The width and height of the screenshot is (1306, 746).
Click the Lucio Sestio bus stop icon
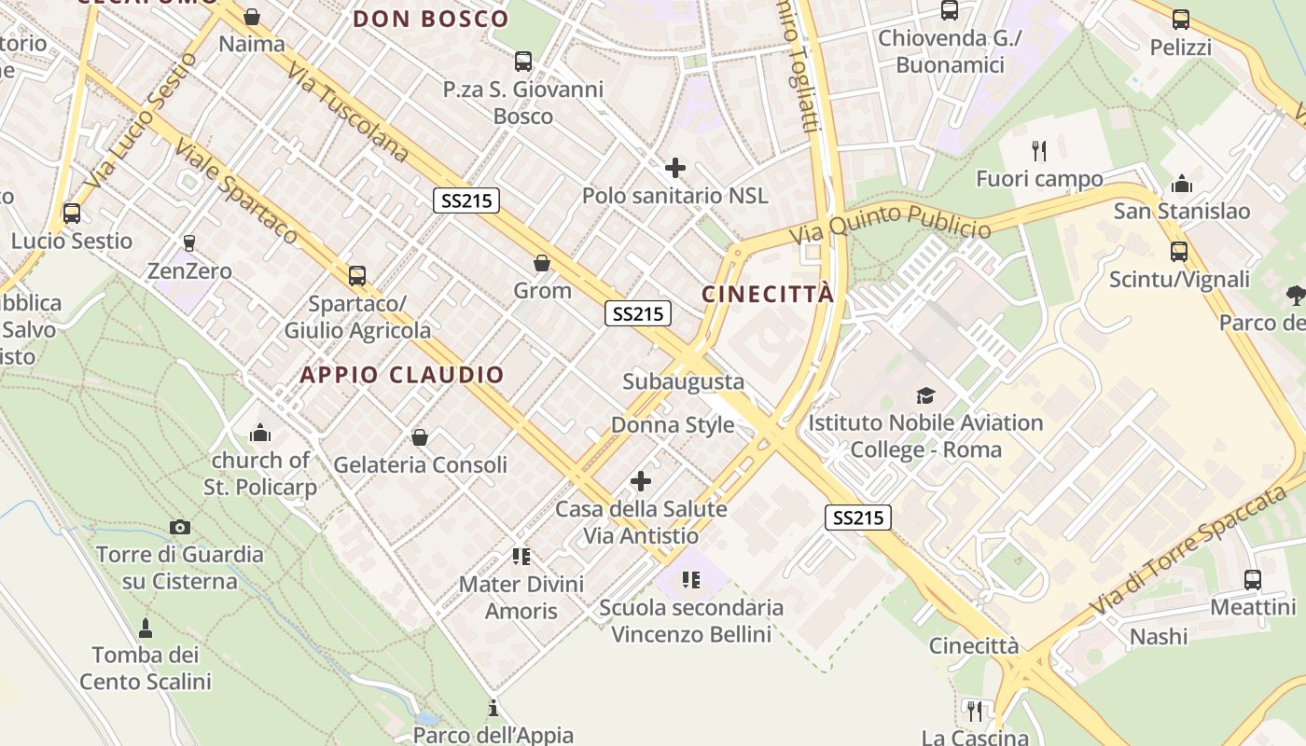click(72, 213)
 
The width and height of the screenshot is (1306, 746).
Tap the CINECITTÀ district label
click(768, 295)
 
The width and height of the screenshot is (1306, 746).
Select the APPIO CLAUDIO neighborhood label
click(402, 375)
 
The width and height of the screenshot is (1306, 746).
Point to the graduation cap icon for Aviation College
click(925, 395)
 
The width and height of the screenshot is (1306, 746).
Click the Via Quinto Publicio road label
click(890, 223)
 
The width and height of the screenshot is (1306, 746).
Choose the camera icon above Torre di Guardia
click(180, 528)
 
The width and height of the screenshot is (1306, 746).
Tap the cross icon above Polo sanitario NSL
click(674, 169)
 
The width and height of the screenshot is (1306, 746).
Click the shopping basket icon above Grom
click(542, 264)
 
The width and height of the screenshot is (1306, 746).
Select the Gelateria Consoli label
click(420, 464)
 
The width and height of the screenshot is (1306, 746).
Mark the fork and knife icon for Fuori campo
click(1039, 150)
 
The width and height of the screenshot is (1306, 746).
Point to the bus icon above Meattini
click(1253, 580)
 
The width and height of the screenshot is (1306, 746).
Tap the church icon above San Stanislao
click(1181, 183)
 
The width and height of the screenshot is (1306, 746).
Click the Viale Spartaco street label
click(236, 193)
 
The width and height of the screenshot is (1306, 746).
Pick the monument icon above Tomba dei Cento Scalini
click(145, 627)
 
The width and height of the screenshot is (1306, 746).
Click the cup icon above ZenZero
click(189, 243)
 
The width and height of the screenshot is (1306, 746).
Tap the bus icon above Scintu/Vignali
click(1179, 251)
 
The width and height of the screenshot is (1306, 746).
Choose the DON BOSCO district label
click(431, 19)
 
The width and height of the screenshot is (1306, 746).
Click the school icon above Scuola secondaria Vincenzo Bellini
click(690, 580)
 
